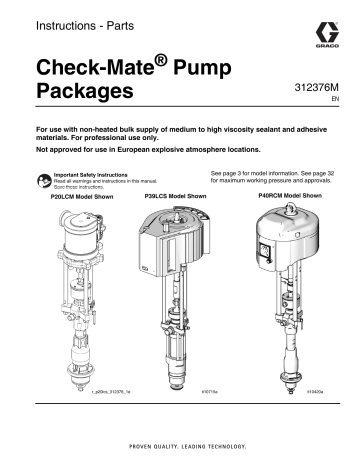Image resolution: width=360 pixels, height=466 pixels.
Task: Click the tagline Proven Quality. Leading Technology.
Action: (x=180, y=447)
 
